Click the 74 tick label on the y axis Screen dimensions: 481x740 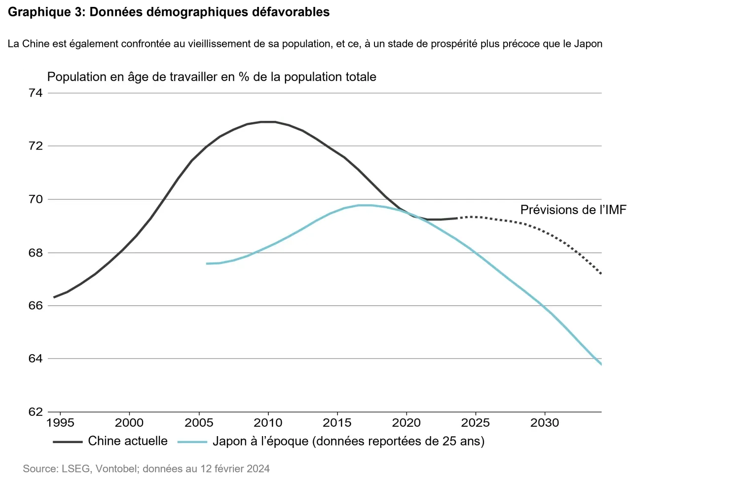point(36,93)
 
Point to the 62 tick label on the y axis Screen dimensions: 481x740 point(36,412)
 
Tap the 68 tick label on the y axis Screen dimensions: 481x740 point(36,253)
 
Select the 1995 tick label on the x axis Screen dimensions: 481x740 point(60,423)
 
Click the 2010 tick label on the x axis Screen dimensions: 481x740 point(268,423)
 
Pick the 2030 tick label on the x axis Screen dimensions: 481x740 point(545,423)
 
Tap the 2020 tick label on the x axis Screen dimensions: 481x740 point(406,423)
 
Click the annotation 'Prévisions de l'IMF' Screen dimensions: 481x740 point(573,210)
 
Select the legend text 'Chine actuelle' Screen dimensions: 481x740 point(128,441)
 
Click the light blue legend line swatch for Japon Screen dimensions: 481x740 point(192,442)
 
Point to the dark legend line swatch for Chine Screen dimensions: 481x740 point(68,442)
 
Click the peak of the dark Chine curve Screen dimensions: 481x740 point(268,121)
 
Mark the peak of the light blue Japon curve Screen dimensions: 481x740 point(365,205)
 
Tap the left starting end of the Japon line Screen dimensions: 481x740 point(207,263)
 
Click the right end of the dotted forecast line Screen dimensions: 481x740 point(601,274)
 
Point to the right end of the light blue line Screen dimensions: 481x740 point(601,365)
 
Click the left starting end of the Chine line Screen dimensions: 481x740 point(54,297)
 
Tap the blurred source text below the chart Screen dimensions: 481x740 point(146,468)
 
